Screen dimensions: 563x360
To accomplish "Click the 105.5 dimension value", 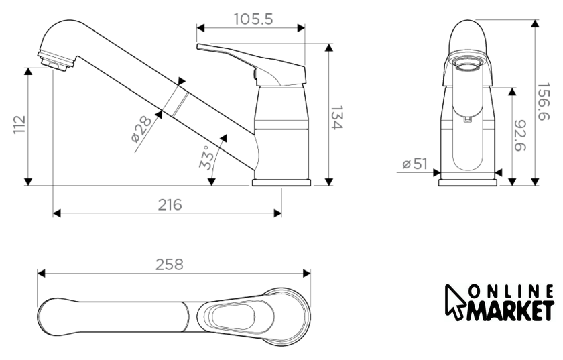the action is (x=253, y=19).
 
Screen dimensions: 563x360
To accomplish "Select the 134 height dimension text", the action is (x=336, y=117).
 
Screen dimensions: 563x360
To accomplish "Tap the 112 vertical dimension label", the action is (x=19, y=125).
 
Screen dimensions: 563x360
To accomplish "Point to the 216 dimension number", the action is (x=170, y=204).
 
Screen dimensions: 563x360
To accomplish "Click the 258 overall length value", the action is (x=170, y=265).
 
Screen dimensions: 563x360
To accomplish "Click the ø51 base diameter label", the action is (x=415, y=164).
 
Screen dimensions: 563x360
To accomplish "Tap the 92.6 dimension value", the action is (x=520, y=135).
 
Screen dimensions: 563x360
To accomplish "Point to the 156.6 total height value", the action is (x=543, y=102).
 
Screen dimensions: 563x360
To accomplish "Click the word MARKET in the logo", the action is (x=511, y=311).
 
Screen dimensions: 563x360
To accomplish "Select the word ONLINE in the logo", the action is (x=511, y=292).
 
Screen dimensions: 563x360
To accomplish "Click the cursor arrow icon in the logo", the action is (x=454, y=301).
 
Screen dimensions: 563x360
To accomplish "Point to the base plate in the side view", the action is (x=281, y=182).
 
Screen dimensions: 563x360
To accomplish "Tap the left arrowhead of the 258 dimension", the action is (x=41, y=274).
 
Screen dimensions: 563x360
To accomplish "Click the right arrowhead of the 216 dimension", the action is (x=277, y=213).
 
